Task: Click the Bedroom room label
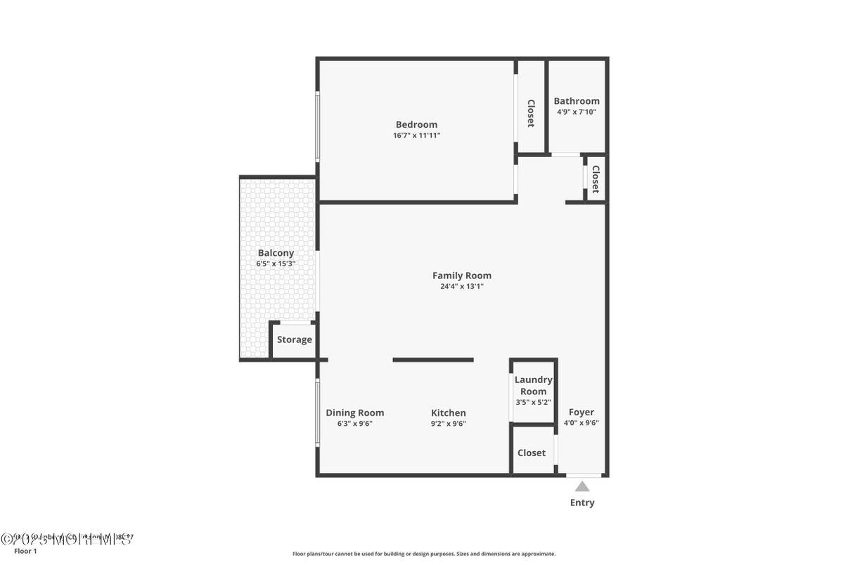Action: click(416, 124)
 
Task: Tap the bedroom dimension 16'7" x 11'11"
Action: click(416, 136)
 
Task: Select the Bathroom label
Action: click(577, 101)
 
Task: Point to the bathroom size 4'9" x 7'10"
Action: click(577, 112)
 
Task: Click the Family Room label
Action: click(462, 275)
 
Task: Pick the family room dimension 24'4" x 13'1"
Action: click(462, 287)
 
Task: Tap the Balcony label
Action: click(276, 253)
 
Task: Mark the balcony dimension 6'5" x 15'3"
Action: click(276, 264)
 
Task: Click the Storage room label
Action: click(294, 340)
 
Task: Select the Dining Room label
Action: click(355, 413)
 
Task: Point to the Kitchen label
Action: click(449, 413)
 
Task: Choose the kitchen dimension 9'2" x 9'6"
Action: click(449, 424)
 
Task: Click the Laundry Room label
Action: click(533, 386)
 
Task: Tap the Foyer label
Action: click(582, 413)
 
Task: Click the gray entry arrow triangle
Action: click(582, 486)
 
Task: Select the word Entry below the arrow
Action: click(582, 502)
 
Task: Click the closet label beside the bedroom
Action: click(532, 113)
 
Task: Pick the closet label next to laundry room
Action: click(532, 453)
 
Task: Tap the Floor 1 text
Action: click(25, 551)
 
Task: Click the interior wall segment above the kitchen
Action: click(433, 360)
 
